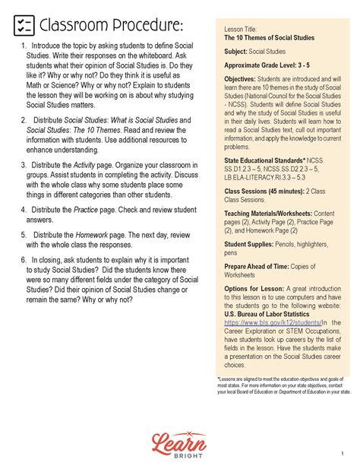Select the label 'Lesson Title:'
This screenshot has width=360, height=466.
241,27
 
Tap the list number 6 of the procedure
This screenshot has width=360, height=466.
24,259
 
